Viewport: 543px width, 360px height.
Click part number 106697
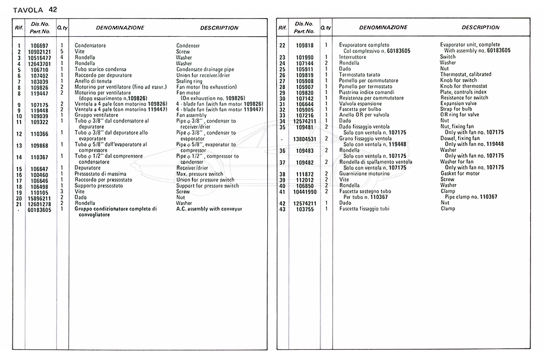pos(39,46)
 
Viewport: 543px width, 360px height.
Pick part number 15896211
pos(39,198)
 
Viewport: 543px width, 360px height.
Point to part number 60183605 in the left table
pos(39,209)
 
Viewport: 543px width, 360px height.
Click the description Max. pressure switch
pos(200,174)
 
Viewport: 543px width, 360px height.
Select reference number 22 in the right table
pos(282,46)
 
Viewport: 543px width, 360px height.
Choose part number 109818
pos(305,46)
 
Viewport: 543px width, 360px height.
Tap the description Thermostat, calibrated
pos(465,75)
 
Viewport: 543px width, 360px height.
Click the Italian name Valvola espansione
pos(361,104)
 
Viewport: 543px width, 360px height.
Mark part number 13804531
pos(305,139)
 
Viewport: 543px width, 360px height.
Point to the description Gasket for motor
pos(460,174)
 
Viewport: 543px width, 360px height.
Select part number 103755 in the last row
pos(305,209)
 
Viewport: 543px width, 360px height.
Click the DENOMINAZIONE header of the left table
pos(120,28)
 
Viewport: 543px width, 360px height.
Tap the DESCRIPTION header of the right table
pos(480,28)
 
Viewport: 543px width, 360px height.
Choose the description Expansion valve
pos(459,104)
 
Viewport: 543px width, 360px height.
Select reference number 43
pos(282,209)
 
